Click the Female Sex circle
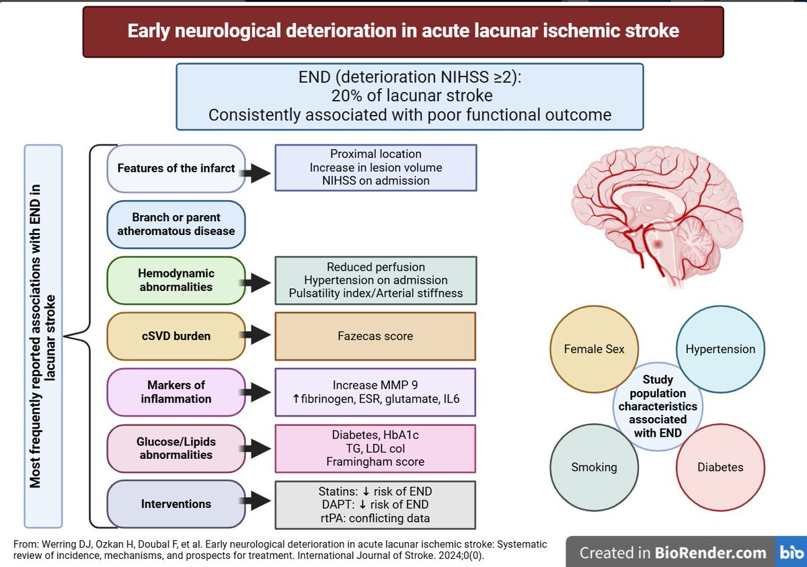pyautogui.click(x=594, y=349)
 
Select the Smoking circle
pyautogui.click(x=594, y=467)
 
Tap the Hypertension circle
pyautogui.click(x=720, y=349)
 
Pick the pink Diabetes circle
pyautogui.click(x=720, y=467)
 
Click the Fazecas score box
pyautogui.click(x=375, y=337)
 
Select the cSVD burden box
pyautogui.click(x=176, y=337)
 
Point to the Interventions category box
pyautogui.click(x=176, y=504)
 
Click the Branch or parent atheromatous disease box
pyautogui.click(x=176, y=224)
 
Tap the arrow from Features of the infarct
pyautogui.click(x=256, y=173)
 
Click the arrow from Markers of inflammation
pyautogui.click(x=256, y=392)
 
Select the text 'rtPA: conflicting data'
pyautogui.click(x=375, y=518)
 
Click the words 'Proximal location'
pyautogui.click(x=376, y=154)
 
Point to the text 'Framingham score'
pyautogui.click(x=375, y=462)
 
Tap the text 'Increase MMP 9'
pyautogui.click(x=375, y=385)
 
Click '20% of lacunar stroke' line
pyautogui.click(x=412, y=96)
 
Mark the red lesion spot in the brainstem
pyautogui.click(x=658, y=245)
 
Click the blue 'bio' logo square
pyautogui.click(x=791, y=552)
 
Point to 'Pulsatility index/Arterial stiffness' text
pyautogui.click(x=376, y=293)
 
